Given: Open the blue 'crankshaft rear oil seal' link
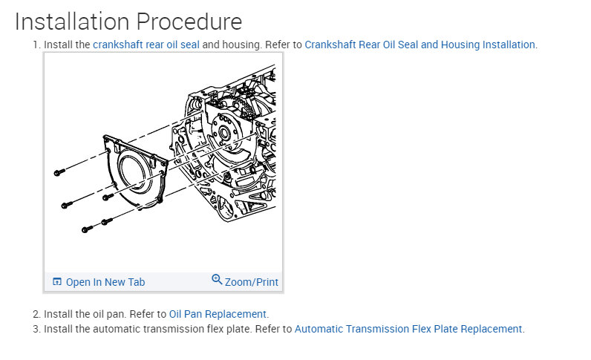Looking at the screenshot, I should tap(146, 45).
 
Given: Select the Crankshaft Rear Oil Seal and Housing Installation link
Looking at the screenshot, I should tap(419, 45).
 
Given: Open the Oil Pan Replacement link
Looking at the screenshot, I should tap(218, 314).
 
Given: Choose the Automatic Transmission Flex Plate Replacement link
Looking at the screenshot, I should tap(408, 329).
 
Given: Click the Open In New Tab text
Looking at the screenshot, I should tap(105, 282).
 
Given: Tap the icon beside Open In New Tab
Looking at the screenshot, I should tap(57, 282).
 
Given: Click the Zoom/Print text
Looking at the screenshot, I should tap(252, 282).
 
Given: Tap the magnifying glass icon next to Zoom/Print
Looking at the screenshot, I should tap(217, 280).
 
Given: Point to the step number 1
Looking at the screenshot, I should tap(35, 45).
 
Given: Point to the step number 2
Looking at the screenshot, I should tap(36, 314).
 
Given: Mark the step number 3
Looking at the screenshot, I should tap(36, 329).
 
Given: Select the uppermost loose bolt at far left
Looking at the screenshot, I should tap(59, 173).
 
